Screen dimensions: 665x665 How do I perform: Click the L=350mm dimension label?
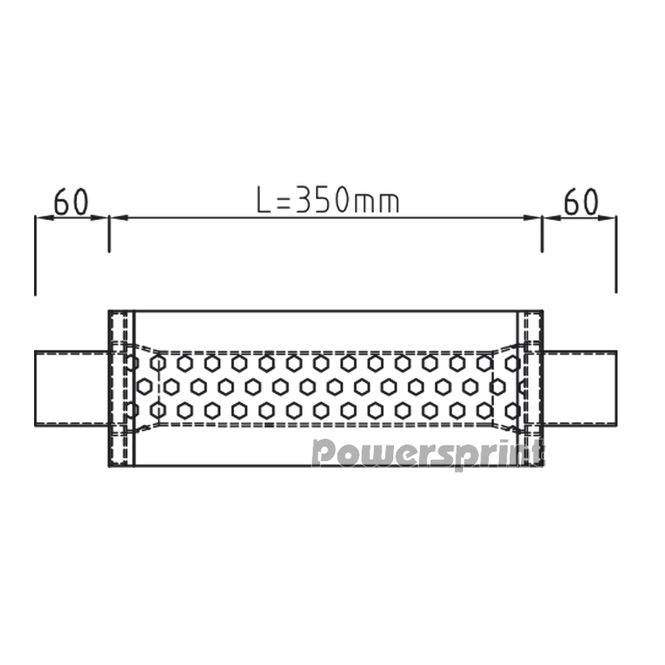(328, 199)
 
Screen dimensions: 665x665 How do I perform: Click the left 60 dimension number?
(71, 201)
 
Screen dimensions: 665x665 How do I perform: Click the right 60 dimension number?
(581, 201)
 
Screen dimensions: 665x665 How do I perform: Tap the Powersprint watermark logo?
(427, 454)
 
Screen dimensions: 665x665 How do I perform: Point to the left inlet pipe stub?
(71, 387)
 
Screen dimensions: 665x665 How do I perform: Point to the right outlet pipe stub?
(579, 387)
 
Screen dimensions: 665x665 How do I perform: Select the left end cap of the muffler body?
(121, 388)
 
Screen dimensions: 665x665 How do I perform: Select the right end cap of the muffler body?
(530, 388)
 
